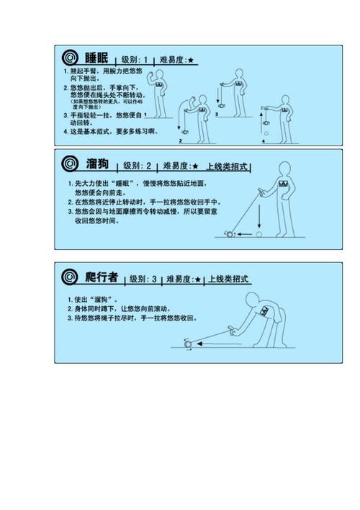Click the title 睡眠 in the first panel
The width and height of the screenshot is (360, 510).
pos(97,58)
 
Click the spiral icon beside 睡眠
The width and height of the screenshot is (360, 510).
pos(69,58)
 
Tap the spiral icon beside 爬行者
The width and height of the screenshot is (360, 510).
pos(69,277)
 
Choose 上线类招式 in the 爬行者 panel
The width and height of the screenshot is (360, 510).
pos(230,279)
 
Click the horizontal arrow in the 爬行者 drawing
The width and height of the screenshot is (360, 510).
pos(216,344)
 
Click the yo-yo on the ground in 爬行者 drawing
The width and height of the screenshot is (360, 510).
pos(189,344)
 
